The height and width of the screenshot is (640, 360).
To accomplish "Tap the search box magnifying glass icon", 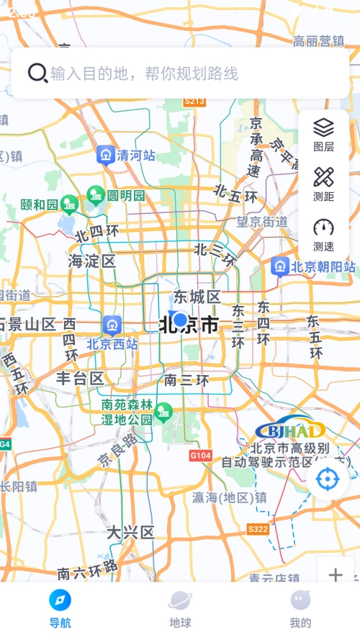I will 37,73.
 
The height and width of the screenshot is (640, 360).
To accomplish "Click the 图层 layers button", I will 323,134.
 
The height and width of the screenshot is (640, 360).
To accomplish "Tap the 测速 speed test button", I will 323,233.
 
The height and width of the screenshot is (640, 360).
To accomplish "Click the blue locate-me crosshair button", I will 328,479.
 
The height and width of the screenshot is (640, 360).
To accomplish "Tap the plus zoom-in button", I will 336,574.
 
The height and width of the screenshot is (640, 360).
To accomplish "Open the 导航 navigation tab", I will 60,608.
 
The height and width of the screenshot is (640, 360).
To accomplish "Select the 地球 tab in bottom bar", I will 180,608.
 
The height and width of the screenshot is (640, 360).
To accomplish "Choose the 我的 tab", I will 300,608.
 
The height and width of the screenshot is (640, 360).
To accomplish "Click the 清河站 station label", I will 136,155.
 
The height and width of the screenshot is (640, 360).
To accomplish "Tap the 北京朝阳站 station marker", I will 280,267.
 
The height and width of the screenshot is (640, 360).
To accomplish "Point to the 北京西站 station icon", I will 112,325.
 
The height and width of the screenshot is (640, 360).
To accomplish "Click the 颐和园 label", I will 39,205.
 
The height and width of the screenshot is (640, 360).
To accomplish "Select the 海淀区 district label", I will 92,261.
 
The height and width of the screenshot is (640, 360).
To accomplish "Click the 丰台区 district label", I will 80,378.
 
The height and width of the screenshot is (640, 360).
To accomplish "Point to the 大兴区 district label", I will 130,533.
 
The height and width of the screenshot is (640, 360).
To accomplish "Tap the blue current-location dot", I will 180,320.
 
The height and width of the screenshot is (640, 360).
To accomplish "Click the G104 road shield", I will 200,456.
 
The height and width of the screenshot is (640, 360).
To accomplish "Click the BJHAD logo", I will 290,431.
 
